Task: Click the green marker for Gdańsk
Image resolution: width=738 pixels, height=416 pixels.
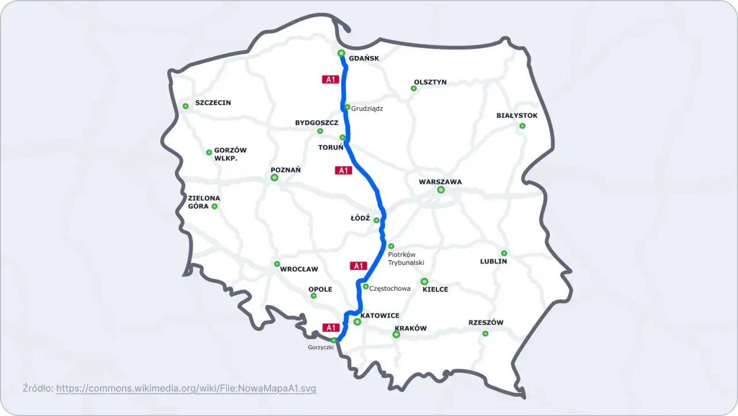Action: pyautogui.click(x=341, y=53)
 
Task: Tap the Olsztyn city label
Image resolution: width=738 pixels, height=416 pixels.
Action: pyautogui.click(x=430, y=82)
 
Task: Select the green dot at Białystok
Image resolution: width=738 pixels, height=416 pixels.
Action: pyautogui.click(x=522, y=126)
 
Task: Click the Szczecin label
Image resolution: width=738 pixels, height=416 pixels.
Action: pyautogui.click(x=213, y=103)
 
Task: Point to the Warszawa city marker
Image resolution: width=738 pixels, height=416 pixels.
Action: pyautogui.click(x=441, y=190)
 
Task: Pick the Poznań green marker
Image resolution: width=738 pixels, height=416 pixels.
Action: pyautogui.click(x=274, y=178)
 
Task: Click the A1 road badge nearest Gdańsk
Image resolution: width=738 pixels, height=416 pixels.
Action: pyautogui.click(x=330, y=80)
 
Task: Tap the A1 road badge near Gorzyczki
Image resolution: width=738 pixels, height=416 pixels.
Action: pyautogui.click(x=330, y=328)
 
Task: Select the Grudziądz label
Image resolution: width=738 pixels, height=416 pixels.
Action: pyautogui.click(x=367, y=108)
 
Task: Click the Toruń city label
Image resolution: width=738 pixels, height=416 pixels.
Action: pyautogui.click(x=331, y=147)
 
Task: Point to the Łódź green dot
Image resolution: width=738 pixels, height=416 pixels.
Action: pyautogui.click(x=376, y=220)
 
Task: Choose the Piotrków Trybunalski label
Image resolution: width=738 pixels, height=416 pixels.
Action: pyautogui.click(x=406, y=258)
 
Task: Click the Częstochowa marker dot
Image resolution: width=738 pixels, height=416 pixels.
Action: pyautogui.click(x=366, y=286)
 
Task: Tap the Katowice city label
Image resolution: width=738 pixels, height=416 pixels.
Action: pyautogui.click(x=380, y=316)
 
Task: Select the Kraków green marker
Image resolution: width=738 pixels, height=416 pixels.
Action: pyautogui.click(x=396, y=335)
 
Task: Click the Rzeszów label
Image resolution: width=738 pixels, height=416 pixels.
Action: pyautogui.click(x=486, y=323)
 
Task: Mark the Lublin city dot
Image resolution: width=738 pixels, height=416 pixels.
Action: pyautogui.click(x=504, y=253)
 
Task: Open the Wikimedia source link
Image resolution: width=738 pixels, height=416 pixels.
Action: pyautogui.click(x=186, y=388)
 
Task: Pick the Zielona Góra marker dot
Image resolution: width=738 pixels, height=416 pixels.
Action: pyautogui.click(x=214, y=206)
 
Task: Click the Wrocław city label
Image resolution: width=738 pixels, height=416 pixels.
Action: pyautogui.click(x=299, y=269)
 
